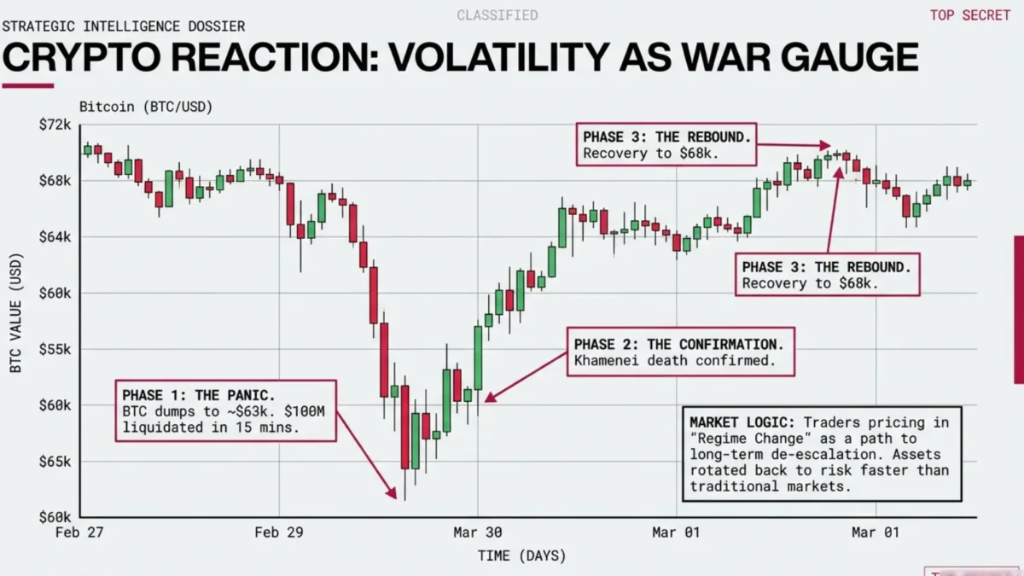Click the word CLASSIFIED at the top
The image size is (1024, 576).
497,15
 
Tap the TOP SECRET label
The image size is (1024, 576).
969,15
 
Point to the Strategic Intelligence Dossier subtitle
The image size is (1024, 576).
123,26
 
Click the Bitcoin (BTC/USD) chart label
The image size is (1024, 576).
145,107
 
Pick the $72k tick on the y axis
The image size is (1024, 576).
55,125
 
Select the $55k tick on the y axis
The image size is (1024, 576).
55,349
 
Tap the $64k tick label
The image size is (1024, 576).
55,236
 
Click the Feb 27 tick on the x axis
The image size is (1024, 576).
79,532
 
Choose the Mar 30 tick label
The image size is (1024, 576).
478,532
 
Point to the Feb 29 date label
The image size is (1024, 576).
279,532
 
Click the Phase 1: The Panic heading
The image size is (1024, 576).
199,395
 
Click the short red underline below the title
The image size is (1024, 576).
27,85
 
